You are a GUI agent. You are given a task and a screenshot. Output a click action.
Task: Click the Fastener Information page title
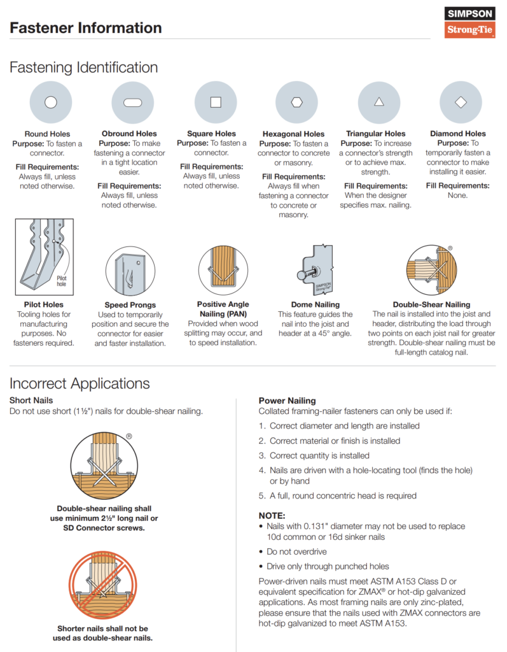tap(86, 28)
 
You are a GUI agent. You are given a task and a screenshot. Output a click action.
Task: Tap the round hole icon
tap(51, 103)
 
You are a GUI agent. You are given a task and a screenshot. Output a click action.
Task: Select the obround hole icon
tap(132, 103)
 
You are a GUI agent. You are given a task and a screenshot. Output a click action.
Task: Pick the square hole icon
tap(216, 103)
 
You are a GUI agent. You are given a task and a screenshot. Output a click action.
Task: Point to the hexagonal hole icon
tap(296, 103)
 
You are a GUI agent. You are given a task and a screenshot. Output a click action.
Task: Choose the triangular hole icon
tap(379, 103)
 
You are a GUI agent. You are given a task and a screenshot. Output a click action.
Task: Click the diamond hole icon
tap(461, 103)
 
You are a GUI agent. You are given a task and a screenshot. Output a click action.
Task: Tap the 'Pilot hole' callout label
tap(61, 280)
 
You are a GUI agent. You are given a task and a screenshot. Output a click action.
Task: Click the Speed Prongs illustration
tap(130, 271)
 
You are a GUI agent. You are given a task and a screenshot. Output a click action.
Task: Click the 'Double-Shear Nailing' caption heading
tap(431, 304)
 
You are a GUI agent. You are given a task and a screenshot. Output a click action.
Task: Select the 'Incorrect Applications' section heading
tap(80, 383)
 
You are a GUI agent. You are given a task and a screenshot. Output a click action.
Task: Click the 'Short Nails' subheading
tap(31, 400)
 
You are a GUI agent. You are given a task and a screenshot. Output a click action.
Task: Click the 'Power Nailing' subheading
tap(287, 400)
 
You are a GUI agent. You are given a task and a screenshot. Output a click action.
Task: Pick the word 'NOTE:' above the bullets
tap(272, 515)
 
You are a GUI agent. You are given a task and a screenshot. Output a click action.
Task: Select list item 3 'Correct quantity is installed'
tap(314, 455)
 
